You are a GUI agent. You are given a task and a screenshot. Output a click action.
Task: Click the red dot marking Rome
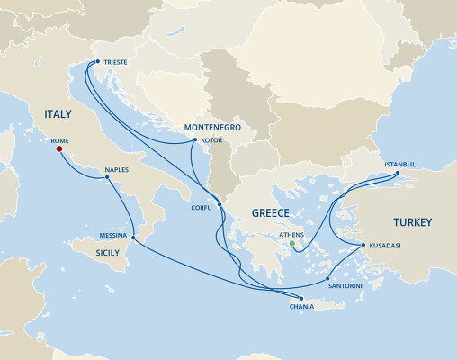point(59,151)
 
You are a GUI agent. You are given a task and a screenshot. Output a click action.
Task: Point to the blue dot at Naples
point(107,177)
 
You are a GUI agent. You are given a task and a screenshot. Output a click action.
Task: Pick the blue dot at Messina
point(132,238)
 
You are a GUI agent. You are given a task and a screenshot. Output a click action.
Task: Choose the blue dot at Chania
point(300,300)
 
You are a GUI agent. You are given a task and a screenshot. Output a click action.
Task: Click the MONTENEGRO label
point(215,128)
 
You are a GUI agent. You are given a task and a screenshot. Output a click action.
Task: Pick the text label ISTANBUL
point(399,165)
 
